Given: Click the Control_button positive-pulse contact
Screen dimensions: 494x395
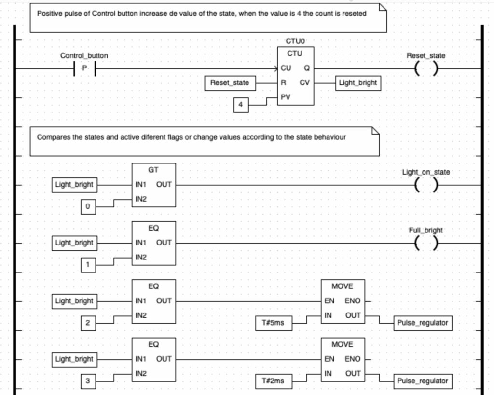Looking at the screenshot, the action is coord(84,68).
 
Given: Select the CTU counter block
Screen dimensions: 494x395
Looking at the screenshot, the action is coord(296,76).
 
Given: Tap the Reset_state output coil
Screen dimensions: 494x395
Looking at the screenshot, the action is coord(426,68).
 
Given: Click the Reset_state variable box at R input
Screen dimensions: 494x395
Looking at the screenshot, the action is coord(230,83).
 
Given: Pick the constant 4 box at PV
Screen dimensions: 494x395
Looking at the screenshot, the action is coord(241,105).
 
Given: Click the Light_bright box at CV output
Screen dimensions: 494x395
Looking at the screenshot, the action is coord(358,83).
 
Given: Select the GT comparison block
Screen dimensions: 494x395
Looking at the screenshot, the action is coord(154,185).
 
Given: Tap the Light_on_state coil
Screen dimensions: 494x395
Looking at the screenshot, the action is coord(426,185).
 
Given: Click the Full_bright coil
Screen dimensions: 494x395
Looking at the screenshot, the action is coord(426,243).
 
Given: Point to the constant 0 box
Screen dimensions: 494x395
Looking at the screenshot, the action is coord(88,206).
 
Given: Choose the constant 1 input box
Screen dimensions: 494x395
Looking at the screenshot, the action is coord(88,265).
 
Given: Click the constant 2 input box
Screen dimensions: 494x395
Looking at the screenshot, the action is coord(88,323).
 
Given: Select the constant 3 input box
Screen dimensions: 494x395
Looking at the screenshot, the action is coord(88,381).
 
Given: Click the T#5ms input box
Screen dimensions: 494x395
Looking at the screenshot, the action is coord(274,323).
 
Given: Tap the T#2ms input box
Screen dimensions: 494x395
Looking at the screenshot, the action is coord(274,381).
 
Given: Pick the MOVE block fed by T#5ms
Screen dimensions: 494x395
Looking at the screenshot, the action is coord(343,301).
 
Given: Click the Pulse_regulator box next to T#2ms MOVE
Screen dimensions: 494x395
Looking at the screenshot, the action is coord(423,381).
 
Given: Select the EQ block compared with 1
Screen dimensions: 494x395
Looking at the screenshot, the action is coord(154,243).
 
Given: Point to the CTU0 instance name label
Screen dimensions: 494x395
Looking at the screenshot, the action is coord(295,41).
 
